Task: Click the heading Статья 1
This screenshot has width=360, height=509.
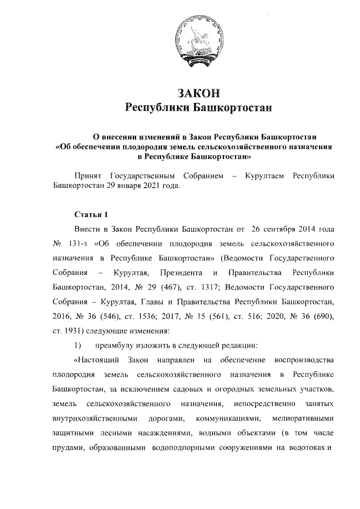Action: [89, 215]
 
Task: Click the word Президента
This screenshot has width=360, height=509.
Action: [182, 273]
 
